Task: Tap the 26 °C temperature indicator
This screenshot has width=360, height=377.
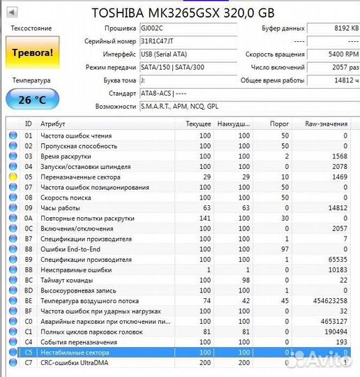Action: coord(32,99)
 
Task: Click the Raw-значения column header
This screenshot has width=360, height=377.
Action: coord(326,123)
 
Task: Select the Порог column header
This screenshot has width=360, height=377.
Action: coord(279,123)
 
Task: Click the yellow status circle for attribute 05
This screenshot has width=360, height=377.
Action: coord(12,177)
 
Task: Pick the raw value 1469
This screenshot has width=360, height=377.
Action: coord(339,177)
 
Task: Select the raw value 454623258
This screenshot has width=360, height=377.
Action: coord(329,300)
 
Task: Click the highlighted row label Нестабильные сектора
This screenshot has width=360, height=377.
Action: coord(75,353)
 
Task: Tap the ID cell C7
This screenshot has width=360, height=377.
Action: coord(29,363)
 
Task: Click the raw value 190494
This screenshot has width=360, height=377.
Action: coord(333,332)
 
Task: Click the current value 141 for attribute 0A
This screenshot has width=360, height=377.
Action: coord(204,218)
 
